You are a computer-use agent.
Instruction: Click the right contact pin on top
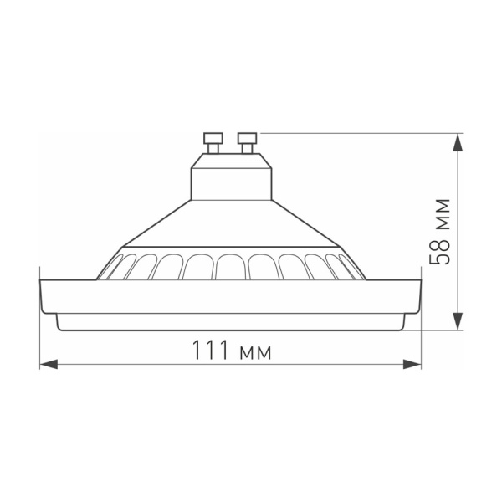(x=248, y=142)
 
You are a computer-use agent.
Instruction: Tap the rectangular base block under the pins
(x=231, y=178)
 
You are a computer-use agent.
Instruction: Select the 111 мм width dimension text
(x=231, y=351)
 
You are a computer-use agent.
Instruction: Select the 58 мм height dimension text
(x=440, y=232)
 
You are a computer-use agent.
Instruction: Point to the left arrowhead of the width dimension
(x=49, y=365)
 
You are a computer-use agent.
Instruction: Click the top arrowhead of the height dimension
(x=458, y=142)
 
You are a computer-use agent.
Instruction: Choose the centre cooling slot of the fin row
(x=231, y=267)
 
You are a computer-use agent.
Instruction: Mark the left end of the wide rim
(x=44, y=295)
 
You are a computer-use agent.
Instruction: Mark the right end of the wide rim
(x=418, y=295)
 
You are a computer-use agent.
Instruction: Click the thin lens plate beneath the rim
(x=231, y=321)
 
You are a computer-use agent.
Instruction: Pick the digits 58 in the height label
(x=440, y=251)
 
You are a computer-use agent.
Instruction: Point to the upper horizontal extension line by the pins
(x=360, y=132)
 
